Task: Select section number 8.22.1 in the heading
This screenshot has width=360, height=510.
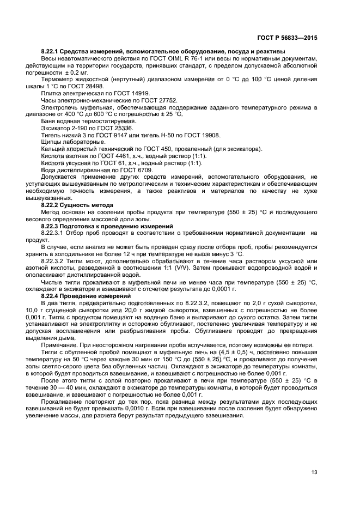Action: tap(52, 51)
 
